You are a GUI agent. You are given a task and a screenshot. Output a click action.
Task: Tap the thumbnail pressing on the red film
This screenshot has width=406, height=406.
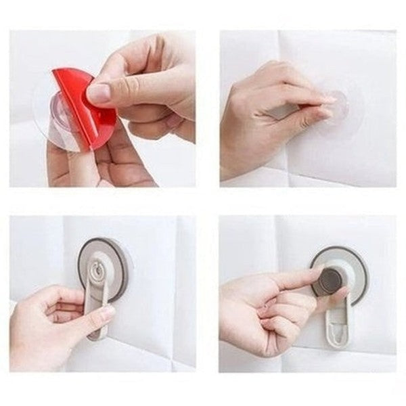pyautogui.click(x=99, y=93)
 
